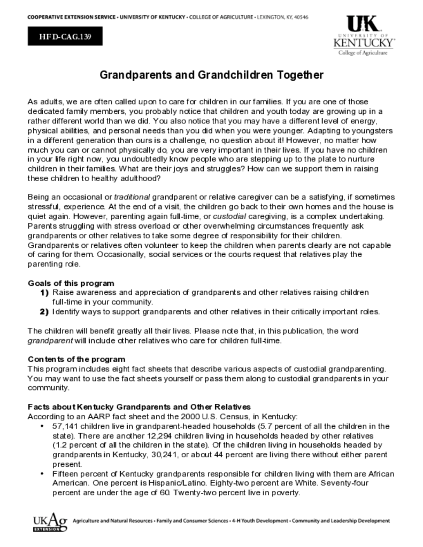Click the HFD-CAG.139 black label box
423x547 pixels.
tap(65, 36)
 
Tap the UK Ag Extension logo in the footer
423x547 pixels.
tap(50, 521)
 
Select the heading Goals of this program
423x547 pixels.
tap(71, 283)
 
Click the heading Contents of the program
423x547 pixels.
tap(76, 359)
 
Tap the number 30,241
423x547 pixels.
tap(163, 455)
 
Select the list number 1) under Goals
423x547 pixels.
tap(44, 293)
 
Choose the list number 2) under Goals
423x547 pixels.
tap(44, 311)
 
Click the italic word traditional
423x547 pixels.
tap(132, 198)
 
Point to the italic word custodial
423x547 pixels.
tap(229, 216)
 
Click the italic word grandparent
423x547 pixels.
tap(50, 340)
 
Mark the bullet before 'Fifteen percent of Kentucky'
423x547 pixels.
tap(42, 474)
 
